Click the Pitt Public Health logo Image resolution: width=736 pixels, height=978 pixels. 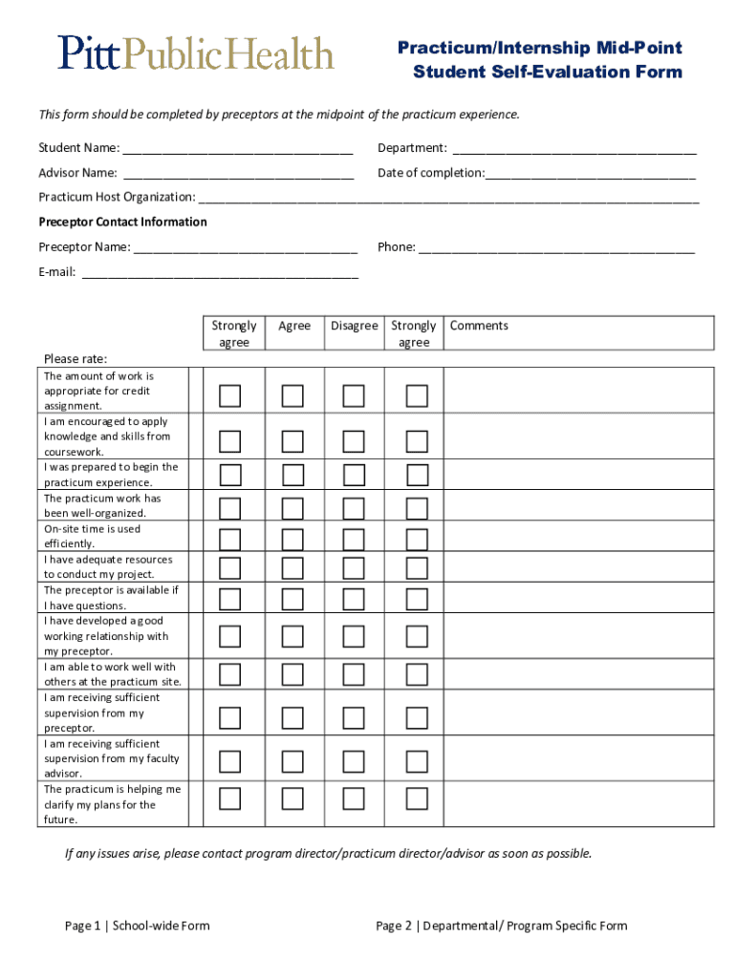pyautogui.click(x=196, y=53)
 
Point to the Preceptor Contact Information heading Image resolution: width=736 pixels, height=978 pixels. pyautogui.click(x=122, y=222)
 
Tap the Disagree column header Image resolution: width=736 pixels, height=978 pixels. pyautogui.click(x=355, y=326)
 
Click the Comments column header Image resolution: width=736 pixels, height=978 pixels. pyautogui.click(x=479, y=326)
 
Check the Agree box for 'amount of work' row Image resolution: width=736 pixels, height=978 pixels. pyautogui.click(x=292, y=395)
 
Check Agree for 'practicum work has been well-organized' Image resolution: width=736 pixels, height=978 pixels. pyautogui.click(x=292, y=507)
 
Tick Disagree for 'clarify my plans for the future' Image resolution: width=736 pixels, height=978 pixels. pyautogui.click(x=355, y=798)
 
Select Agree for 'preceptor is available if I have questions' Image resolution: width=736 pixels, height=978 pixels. pyautogui.click(x=292, y=599)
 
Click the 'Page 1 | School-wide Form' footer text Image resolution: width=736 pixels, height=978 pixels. pyautogui.click(x=138, y=925)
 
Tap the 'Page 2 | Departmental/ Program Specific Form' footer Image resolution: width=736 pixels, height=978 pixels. pyautogui.click(x=502, y=925)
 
